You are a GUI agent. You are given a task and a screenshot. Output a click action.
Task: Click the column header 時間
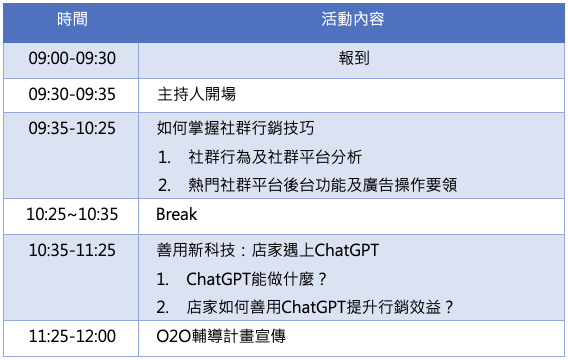[72, 19]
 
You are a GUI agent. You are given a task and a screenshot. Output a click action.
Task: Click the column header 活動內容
[353, 19]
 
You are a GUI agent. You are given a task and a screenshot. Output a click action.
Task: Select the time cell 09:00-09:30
[72, 58]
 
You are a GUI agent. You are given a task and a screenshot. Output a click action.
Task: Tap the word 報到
[354, 58]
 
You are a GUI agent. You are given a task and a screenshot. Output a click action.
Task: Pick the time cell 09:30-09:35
[72, 94]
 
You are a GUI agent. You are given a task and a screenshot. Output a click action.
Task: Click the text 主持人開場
[196, 94]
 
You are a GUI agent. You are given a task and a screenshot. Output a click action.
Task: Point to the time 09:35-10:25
[72, 128]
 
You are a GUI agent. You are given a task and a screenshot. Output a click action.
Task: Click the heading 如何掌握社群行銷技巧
[235, 128]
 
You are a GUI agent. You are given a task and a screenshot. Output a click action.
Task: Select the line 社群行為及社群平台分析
[275, 157]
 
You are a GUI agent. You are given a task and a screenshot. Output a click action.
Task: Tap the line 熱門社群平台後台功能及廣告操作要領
[323, 185]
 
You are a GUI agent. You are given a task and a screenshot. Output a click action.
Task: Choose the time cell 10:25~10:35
[72, 214]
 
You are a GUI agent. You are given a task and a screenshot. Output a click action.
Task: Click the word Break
[177, 214]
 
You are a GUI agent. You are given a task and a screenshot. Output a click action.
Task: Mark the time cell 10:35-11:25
[72, 250]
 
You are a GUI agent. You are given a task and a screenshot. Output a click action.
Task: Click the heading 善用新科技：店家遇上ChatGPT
[267, 250]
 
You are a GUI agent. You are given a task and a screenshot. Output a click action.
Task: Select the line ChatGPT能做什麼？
[256, 279]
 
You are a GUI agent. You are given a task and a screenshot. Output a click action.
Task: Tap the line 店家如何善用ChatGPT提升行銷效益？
[320, 307]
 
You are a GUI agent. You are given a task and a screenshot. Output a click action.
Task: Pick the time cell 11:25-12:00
[72, 336]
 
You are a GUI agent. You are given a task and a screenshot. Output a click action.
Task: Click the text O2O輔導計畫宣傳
[221, 336]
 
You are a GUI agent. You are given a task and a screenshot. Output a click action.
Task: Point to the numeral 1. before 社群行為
[164, 157]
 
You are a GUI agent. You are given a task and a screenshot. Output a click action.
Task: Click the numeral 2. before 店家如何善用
[162, 307]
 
